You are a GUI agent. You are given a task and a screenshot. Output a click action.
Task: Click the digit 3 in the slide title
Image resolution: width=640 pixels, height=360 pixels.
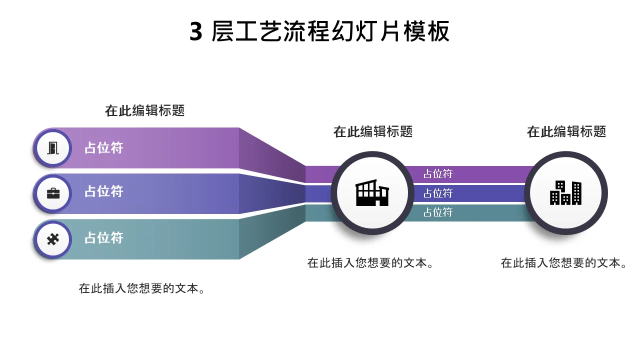point(196,31)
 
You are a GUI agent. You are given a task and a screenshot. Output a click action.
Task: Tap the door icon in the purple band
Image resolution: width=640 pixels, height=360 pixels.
point(53,148)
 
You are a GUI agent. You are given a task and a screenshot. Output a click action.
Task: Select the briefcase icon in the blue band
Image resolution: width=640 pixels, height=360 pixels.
point(53,193)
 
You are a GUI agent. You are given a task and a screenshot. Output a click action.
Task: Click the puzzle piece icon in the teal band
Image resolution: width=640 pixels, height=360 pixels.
point(53,239)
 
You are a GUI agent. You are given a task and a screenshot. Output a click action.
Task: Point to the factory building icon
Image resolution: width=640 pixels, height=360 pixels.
point(372,192)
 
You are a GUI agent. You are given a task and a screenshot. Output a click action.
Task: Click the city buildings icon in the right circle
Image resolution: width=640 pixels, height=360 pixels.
point(565,193)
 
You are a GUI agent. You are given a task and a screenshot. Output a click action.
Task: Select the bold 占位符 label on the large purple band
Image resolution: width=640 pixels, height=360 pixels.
point(103,147)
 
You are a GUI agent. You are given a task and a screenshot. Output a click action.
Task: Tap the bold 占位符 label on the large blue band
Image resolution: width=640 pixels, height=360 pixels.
point(103,191)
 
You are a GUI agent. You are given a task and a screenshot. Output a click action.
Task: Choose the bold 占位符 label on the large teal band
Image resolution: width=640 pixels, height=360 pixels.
point(103,237)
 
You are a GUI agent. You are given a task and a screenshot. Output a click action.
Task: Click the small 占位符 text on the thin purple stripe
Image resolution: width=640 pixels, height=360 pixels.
point(438,173)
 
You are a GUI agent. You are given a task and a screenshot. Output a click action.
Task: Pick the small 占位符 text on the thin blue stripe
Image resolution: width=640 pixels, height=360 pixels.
point(438,193)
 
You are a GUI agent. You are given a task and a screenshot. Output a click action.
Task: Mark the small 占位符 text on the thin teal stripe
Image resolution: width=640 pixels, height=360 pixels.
point(438,212)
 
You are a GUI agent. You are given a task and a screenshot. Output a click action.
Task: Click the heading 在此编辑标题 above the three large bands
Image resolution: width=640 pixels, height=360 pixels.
point(145,110)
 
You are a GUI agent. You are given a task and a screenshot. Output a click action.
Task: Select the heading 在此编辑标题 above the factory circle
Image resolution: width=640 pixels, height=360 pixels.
point(373,131)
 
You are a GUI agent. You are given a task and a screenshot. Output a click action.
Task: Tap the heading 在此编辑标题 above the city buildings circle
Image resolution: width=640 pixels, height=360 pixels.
point(566,131)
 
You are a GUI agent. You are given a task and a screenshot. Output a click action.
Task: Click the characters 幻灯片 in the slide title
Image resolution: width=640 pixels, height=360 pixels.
point(366,31)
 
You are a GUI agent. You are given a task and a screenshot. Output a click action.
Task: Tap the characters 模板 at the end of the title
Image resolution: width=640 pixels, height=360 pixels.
point(426,31)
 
